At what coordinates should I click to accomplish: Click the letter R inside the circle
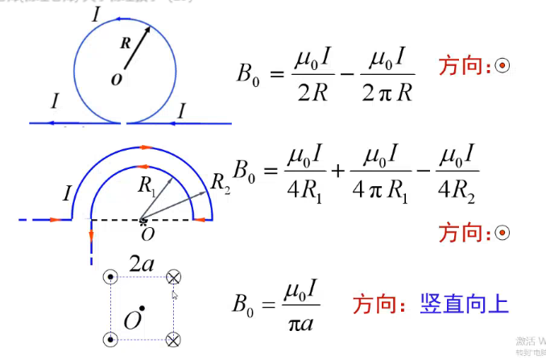(x=125, y=43)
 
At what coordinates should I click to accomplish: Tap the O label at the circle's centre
(x=118, y=80)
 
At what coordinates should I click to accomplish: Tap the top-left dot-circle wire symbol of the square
(x=110, y=278)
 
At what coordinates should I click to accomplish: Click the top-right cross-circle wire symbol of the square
(x=173, y=278)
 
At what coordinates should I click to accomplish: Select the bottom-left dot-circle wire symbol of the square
(x=110, y=337)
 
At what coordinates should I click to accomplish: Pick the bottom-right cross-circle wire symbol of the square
(x=173, y=338)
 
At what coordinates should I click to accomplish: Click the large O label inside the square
(x=132, y=320)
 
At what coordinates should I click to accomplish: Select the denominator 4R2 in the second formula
(x=457, y=193)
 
